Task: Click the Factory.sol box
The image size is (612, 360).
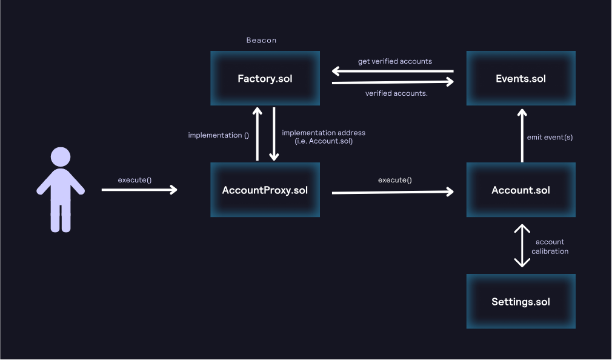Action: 265,78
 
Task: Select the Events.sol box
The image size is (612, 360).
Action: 521,78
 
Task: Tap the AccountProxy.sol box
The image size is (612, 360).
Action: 265,190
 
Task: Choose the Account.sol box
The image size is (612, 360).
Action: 521,190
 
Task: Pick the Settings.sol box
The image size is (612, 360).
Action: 521,301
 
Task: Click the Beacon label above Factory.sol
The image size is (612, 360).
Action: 262,40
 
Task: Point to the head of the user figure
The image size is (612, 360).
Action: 61,157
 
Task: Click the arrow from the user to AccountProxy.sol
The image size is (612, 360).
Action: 139,190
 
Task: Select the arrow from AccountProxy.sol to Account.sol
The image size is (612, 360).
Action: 393,192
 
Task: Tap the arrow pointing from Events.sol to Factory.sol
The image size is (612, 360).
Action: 393,71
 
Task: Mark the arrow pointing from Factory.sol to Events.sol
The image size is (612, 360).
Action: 393,82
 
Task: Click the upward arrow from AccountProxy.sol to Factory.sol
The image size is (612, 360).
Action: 257,134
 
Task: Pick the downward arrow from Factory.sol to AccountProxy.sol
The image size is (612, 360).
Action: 274,134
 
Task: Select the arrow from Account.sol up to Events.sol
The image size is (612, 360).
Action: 522,136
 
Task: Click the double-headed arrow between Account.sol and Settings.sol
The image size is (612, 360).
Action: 522,245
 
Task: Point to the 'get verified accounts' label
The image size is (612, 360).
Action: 395,61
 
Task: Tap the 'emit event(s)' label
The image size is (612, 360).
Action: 550,137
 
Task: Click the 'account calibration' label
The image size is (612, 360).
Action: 550,247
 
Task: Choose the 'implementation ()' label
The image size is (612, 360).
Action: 219,135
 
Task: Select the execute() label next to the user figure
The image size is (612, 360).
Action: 135,180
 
